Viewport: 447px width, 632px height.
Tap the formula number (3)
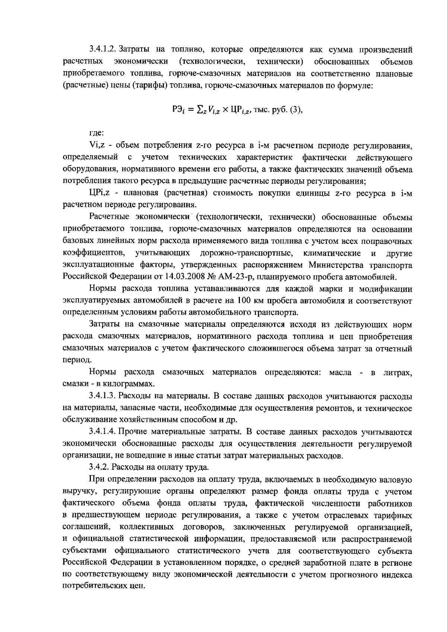(293, 110)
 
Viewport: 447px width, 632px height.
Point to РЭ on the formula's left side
(177, 111)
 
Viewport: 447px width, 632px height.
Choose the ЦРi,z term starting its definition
(99, 193)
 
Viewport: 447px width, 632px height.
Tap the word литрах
(398, 372)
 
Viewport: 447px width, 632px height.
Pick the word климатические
(332, 253)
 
